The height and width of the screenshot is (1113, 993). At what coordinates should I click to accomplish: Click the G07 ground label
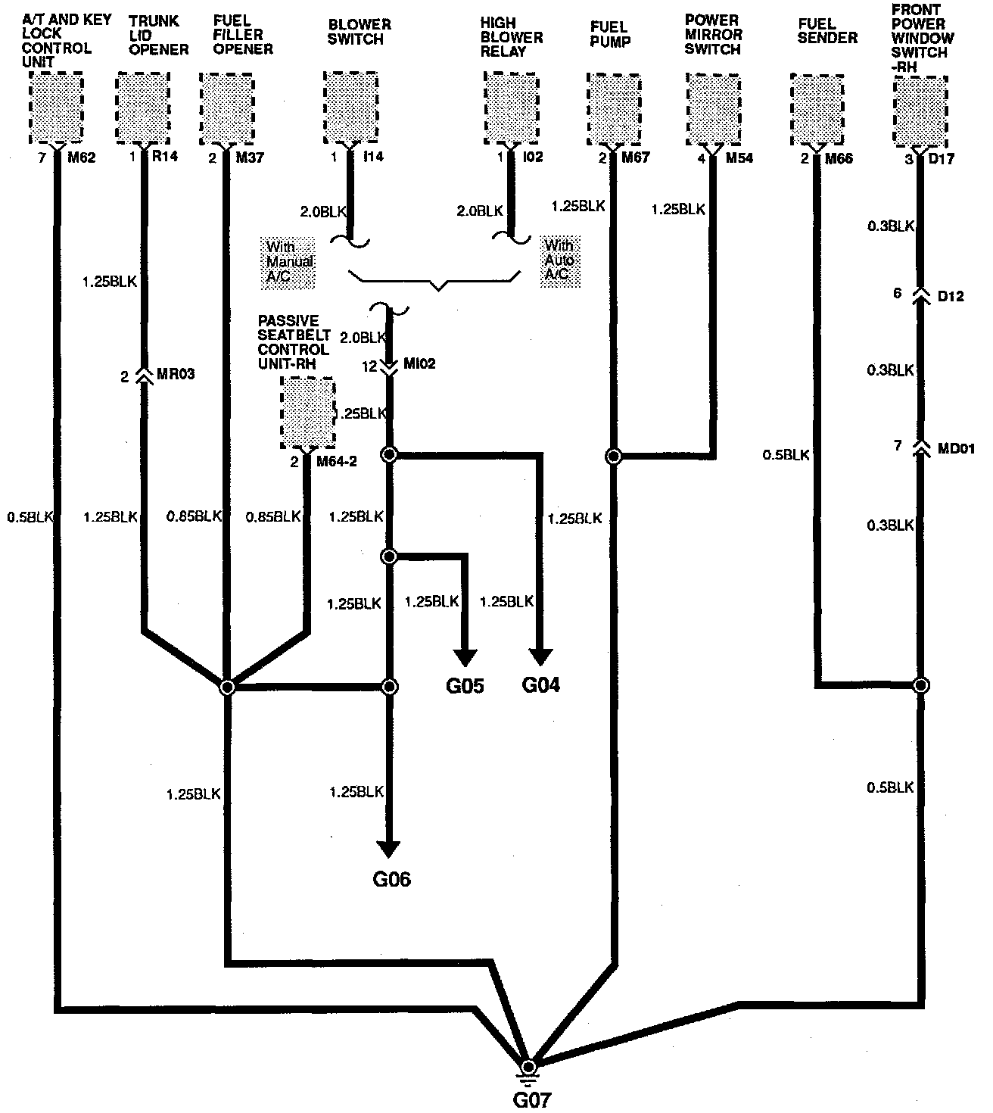[530, 1099]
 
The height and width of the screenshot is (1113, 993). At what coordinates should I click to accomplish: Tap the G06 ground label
[391, 879]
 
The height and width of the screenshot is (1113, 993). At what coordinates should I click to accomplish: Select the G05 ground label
[465, 686]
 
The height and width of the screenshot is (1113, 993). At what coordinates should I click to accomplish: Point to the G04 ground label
[541, 685]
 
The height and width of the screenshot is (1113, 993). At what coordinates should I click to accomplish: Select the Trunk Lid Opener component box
[142, 108]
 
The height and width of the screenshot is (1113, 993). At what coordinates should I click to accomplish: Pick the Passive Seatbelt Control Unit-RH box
[308, 413]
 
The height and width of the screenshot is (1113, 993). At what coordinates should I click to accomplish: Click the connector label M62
[81, 158]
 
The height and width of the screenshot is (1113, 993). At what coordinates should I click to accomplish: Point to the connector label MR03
[177, 375]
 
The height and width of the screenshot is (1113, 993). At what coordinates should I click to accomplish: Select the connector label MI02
[420, 365]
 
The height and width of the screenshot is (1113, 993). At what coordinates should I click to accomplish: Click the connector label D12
[951, 295]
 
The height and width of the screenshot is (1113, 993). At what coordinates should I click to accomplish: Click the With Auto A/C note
[559, 260]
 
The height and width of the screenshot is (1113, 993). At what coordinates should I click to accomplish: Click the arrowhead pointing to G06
[390, 850]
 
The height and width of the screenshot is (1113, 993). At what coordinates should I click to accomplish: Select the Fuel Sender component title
[827, 31]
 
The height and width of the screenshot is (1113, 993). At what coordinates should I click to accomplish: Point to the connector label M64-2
[337, 461]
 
